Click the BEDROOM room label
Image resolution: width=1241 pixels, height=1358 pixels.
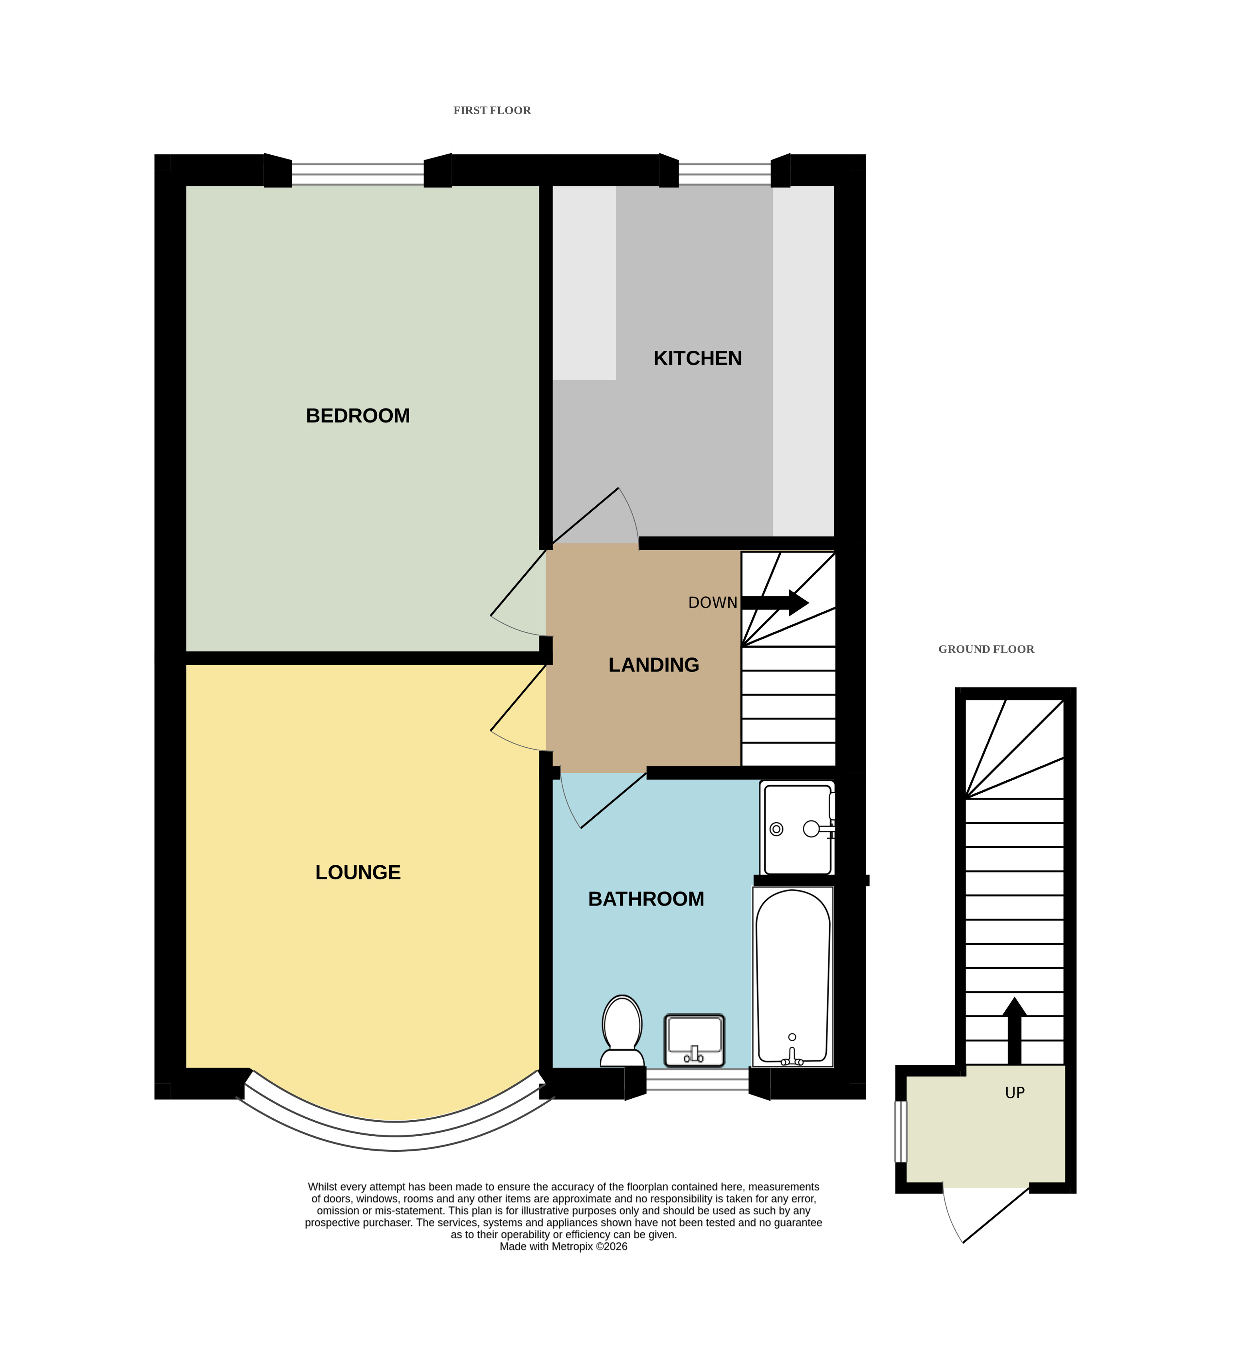(358, 416)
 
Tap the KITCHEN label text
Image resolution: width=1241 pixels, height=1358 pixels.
(698, 358)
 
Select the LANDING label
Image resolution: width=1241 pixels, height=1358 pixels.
(654, 665)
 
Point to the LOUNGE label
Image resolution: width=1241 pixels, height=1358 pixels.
(358, 872)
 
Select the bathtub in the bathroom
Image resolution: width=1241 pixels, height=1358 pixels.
(793, 977)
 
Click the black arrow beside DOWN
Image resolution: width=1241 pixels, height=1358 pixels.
(775, 603)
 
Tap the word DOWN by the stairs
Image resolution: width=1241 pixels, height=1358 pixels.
(713, 603)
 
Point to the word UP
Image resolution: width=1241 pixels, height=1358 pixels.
(1015, 1093)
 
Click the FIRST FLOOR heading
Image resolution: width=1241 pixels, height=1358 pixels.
(492, 111)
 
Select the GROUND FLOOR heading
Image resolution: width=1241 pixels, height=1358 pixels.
(986, 649)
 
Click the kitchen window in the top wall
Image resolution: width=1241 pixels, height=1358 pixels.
(724, 174)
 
